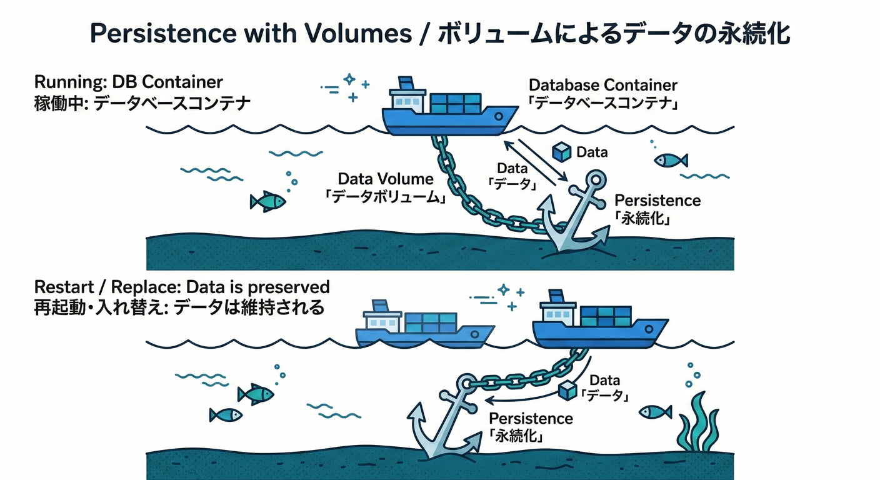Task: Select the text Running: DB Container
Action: [128, 82]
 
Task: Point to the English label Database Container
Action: [602, 85]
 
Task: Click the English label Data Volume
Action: [386, 179]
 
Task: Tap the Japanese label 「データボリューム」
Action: [386, 197]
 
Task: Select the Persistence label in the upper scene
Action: [657, 201]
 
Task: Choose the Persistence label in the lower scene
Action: [531, 418]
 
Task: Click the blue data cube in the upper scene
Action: [562, 152]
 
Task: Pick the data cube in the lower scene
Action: [567, 391]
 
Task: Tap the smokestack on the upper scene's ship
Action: [406, 83]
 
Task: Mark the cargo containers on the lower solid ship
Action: [605, 316]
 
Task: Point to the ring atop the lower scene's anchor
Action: [465, 382]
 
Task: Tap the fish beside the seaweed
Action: [655, 412]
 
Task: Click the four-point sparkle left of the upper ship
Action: [349, 79]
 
